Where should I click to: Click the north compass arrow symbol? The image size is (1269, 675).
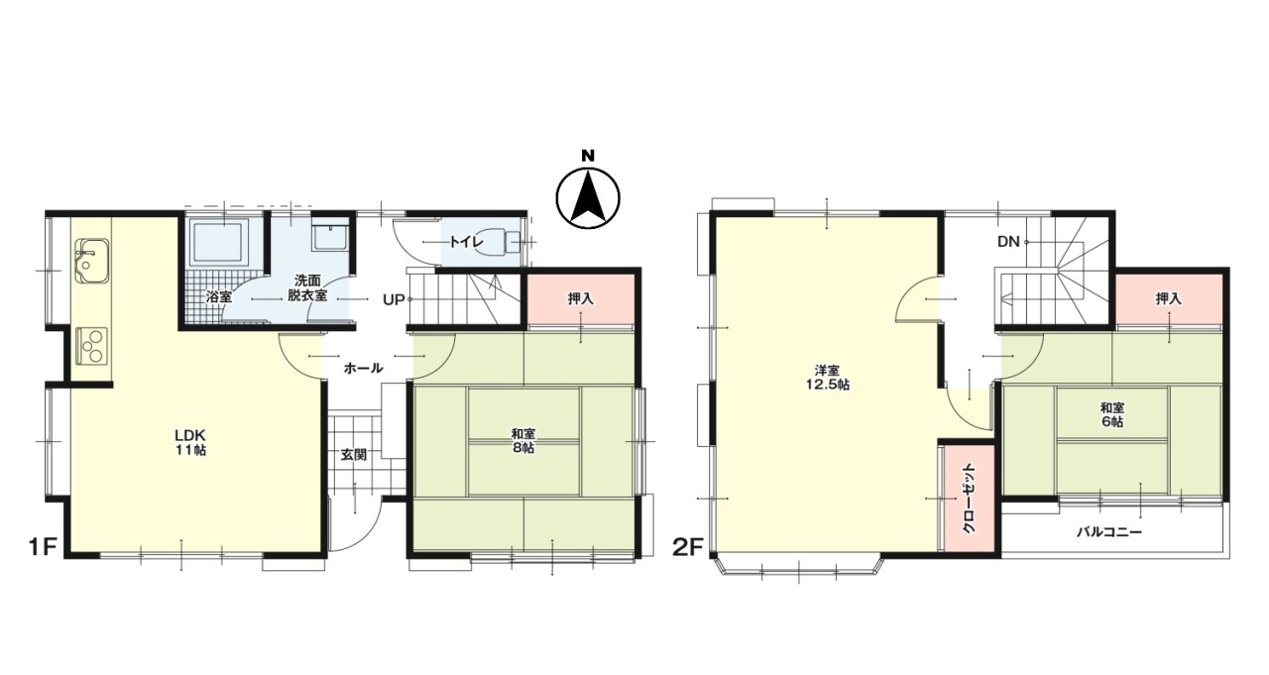pyautogui.click(x=587, y=195)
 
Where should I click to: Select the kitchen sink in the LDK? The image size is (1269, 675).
pyautogui.click(x=90, y=260)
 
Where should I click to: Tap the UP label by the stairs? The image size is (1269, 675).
pyautogui.click(x=393, y=299)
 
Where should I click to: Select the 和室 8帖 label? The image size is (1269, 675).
pyautogui.click(x=523, y=440)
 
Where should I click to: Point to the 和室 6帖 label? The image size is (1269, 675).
pyautogui.click(x=1111, y=414)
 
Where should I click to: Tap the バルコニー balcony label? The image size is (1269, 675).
pyautogui.click(x=1110, y=532)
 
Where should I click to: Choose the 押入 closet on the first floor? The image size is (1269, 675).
pyautogui.click(x=580, y=298)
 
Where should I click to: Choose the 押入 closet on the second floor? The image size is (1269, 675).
pyautogui.click(x=1168, y=298)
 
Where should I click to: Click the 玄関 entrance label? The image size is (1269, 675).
pyautogui.click(x=354, y=455)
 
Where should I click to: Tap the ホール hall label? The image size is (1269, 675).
pyautogui.click(x=363, y=368)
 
